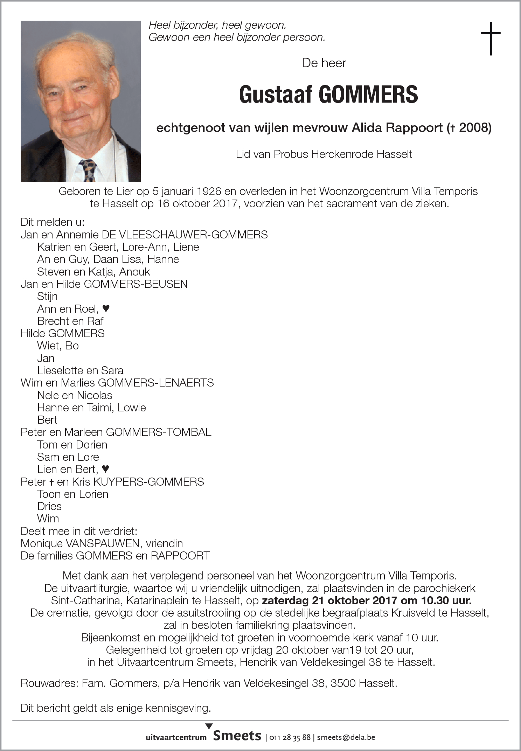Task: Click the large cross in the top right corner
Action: pos(491,38)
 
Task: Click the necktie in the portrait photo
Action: pos(88,169)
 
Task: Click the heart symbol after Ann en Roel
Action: pos(106,308)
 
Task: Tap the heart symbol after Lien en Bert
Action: pos(105,469)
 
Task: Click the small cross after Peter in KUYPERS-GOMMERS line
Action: pos(51,482)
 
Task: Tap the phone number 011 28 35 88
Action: pos(290,737)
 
